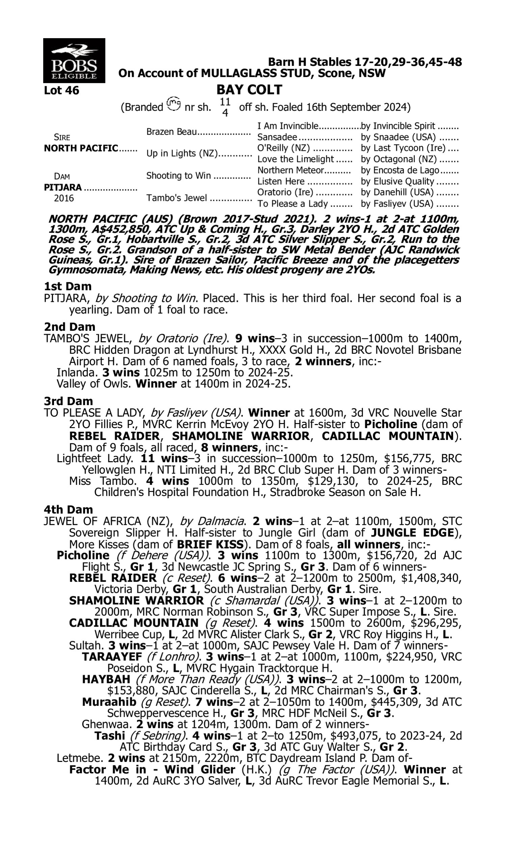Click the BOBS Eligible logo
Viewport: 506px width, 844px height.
[x=74, y=60]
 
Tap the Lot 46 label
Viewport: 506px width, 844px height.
[x=61, y=90]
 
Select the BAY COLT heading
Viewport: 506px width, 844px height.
[x=249, y=90]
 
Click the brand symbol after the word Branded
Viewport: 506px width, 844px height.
[x=174, y=104]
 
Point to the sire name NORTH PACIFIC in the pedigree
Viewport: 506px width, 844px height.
[x=81, y=149]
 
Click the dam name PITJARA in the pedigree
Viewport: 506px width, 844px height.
[x=63, y=187]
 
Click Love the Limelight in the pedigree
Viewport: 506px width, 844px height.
[x=295, y=159]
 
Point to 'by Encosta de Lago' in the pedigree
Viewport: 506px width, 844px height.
[x=400, y=170]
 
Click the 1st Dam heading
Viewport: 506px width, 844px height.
[x=67, y=286]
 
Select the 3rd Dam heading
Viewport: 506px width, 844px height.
[x=68, y=401]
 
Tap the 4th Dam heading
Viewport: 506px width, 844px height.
[x=68, y=510]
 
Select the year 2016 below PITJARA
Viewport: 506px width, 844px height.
[x=64, y=198]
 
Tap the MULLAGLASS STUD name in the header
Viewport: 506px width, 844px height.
[x=258, y=73]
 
